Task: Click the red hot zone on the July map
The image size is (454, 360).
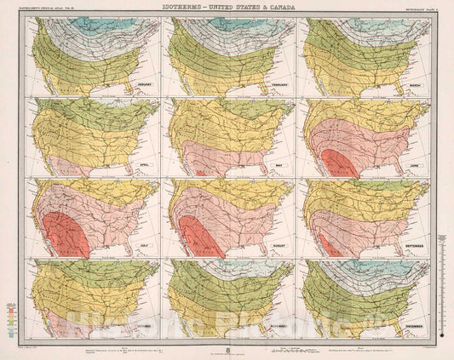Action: (x=64, y=236)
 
